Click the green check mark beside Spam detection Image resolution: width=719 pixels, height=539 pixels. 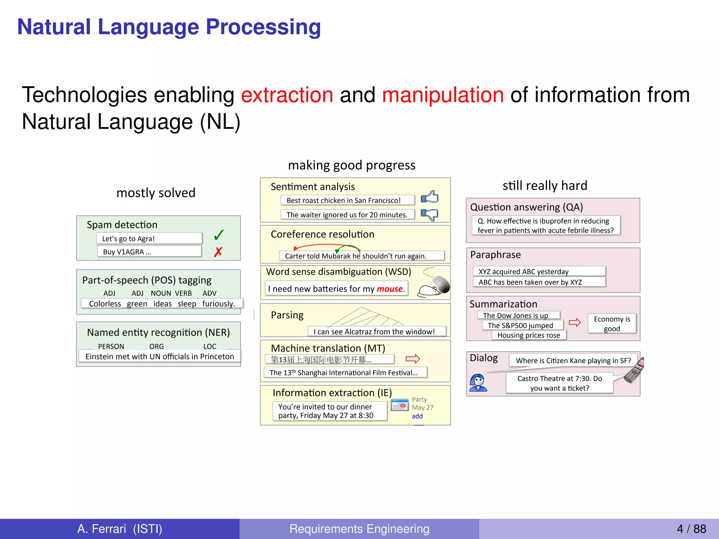click(219, 235)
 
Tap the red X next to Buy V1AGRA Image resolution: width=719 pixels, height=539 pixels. click(218, 252)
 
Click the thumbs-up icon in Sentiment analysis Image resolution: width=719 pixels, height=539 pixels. click(430, 197)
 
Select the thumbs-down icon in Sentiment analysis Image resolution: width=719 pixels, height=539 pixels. click(430, 214)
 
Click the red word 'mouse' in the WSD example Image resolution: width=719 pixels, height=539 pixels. click(390, 289)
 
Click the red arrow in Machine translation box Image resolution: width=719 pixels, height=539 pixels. click(413, 359)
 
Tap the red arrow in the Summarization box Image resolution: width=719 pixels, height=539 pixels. click(575, 322)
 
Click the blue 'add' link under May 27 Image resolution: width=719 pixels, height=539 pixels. click(417, 416)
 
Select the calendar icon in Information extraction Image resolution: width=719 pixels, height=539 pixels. click(400, 405)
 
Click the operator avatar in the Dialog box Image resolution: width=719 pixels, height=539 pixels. click(478, 382)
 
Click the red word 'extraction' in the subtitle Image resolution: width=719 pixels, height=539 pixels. click(287, 95)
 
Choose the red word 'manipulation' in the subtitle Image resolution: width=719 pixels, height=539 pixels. click(443, 95)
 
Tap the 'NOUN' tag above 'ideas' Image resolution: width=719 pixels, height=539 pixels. click(161, 293)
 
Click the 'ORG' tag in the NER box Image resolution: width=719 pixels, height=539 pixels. click(157, 346)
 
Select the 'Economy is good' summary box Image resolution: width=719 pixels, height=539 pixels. click(612, 324)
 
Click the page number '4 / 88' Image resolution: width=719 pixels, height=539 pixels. click(691, 529)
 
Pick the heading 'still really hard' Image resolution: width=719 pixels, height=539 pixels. click(545, 185)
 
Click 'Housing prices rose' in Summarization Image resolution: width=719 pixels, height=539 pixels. click(529, 335)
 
